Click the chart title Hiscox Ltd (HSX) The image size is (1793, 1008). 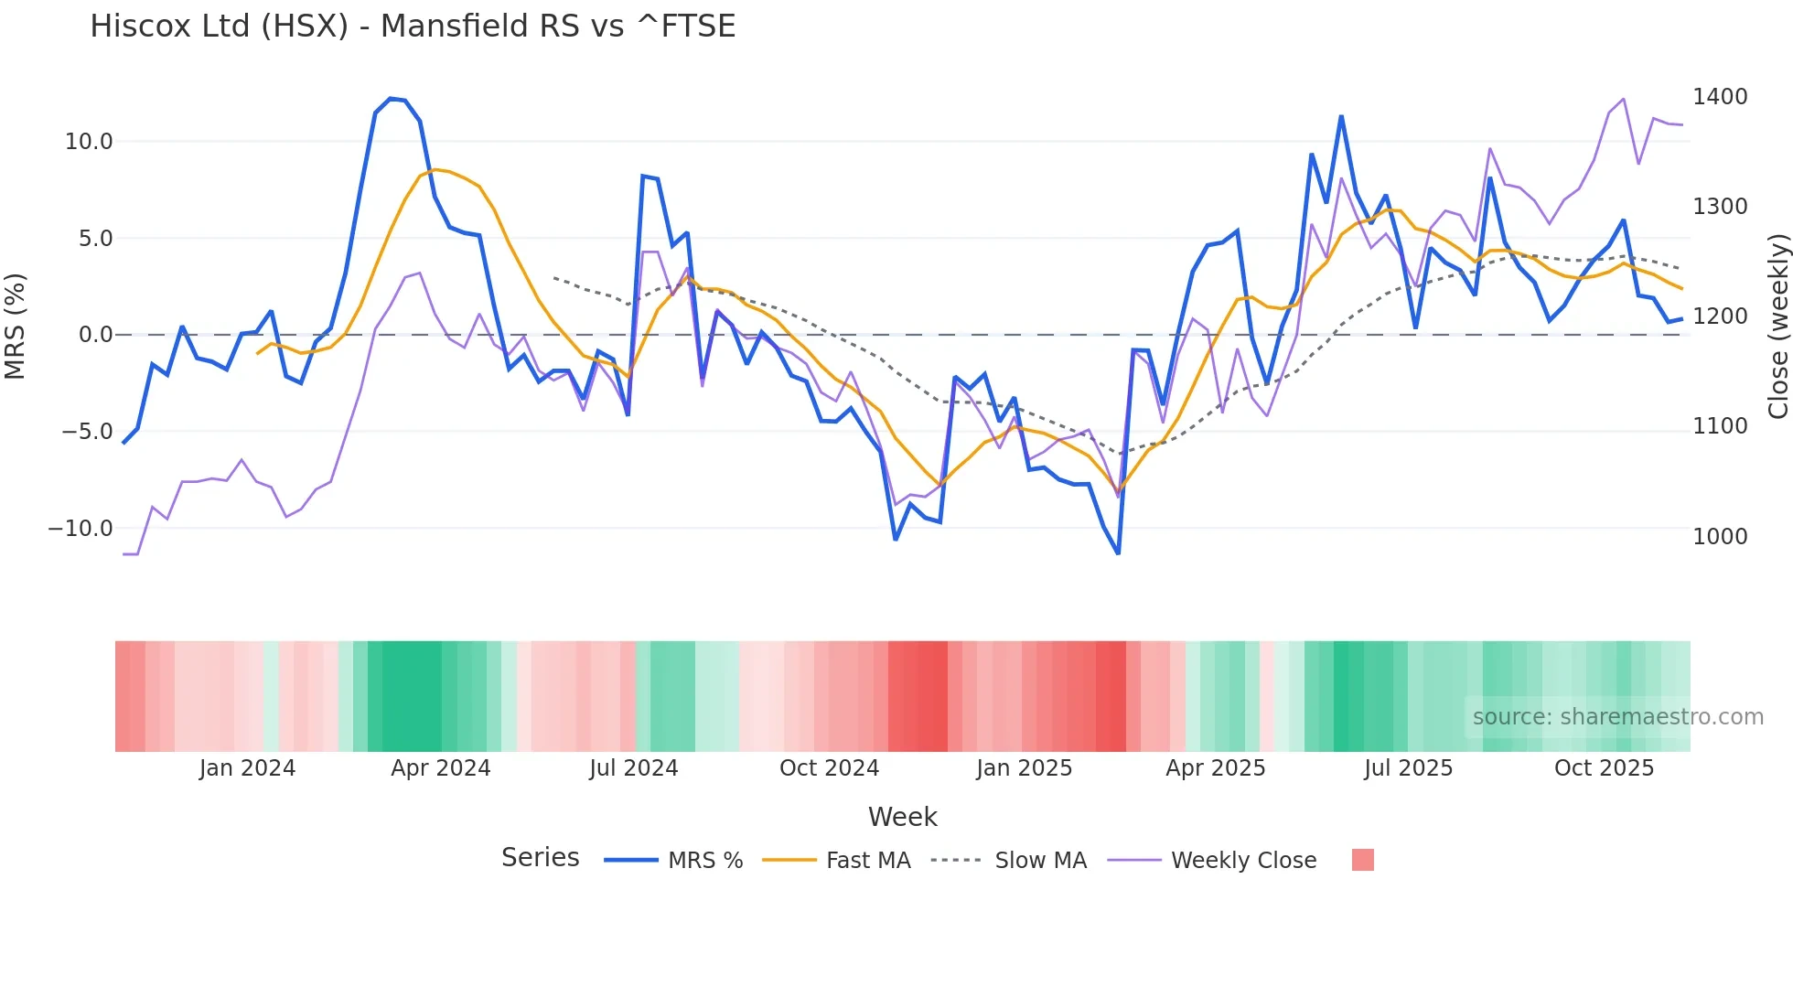click(412, 26)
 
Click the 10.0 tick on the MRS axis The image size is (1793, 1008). click(89, 142)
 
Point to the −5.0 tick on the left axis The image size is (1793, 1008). click(87, 431)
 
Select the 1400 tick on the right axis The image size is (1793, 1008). click(1720, 97)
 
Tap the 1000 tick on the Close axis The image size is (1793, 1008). click(1720, 536)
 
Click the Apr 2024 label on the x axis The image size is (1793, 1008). click(440, 768)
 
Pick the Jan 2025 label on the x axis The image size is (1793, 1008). click(1024, 768)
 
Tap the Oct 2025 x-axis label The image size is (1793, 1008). click(1604, 768)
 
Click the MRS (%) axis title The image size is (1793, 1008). click(16, 326)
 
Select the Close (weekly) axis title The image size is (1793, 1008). click(1777, 326)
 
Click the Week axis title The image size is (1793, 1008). click(902, 817)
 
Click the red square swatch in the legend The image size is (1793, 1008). click(1362, 860)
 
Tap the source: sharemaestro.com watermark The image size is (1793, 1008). click(1617, 717)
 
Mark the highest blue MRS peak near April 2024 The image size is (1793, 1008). click(391, 99)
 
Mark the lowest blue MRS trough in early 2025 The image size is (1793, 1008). click(1118, 552)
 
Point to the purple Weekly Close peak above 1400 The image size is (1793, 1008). click(1623, 99)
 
